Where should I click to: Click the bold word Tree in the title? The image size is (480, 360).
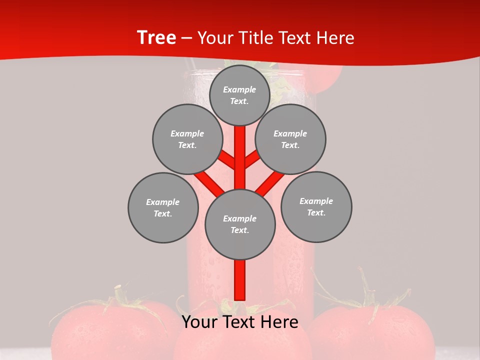click(156, 37)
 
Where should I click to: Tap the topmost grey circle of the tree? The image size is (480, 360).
click(239, 95)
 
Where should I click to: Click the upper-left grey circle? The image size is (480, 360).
click(187, 139)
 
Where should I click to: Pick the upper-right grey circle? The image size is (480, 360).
click(290, 139)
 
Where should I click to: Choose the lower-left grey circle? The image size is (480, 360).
click(163, 207)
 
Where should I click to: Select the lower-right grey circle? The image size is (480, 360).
click(316, 206)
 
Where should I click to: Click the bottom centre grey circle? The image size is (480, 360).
click(240, 224)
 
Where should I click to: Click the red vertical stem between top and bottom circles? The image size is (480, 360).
click(240, 157)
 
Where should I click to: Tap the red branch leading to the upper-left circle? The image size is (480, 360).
click(228, 160)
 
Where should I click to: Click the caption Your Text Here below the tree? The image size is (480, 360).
click(240, 322)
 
